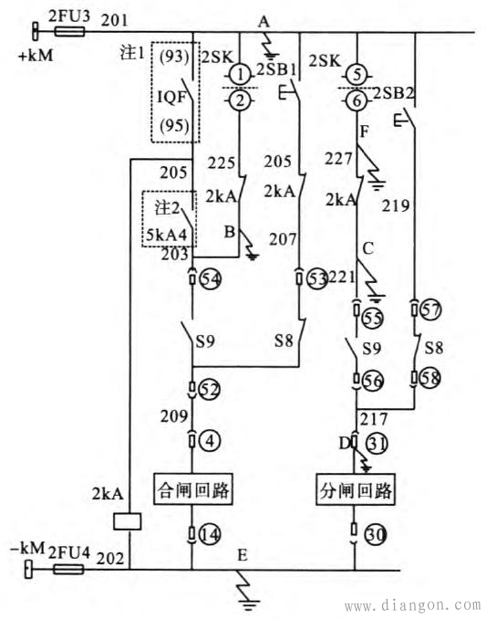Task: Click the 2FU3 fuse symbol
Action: (69, 32)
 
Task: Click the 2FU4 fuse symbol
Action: (68, 570)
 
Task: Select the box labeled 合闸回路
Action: (192, 489)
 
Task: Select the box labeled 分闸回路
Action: (356, 489)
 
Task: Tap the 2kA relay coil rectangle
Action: (127, 521)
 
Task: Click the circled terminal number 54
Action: (211, 279)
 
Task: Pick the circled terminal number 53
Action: (317, 278)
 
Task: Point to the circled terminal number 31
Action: (377, 444)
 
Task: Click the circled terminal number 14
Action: (210, 534)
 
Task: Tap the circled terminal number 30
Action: (376, 534)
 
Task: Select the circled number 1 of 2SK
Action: (240, 75)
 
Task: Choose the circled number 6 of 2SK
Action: (357, 101)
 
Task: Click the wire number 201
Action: (114, 20)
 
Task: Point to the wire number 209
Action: (174, 416)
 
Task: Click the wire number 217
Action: (374, 419)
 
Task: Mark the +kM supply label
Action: (36, 56)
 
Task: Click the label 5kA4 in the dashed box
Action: (166, 235)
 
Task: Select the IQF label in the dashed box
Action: (171, 97)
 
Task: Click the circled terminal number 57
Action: (430, 309)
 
